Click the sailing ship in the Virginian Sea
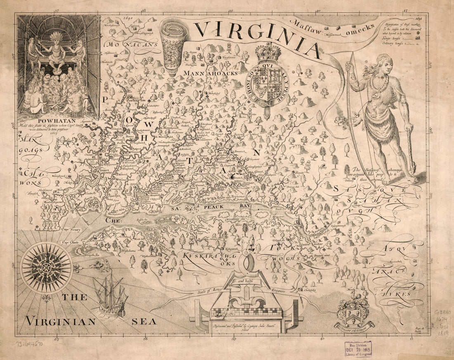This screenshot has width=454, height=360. [110, 295]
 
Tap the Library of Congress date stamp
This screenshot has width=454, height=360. [358, 349]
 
